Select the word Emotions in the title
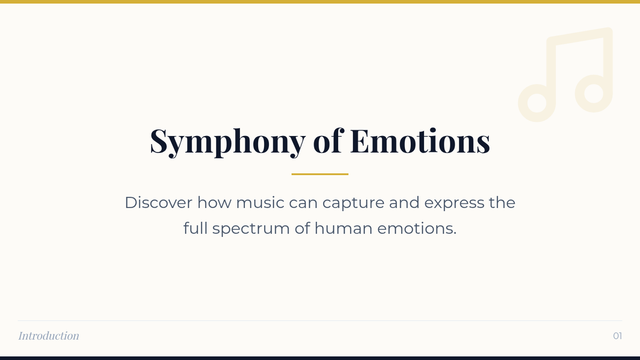point(420,141)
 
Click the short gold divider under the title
point(319,174)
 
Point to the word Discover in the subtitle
point(158,203)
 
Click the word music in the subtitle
point(260,203)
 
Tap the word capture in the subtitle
point(354,204)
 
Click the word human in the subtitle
point(343,228)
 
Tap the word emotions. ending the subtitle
point(417,228)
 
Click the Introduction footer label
point(49,335)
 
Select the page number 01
point(618,335)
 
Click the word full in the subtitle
point(195,228)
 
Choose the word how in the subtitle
point(214,203)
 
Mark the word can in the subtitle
point(303,204)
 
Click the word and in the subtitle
point(404,203)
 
